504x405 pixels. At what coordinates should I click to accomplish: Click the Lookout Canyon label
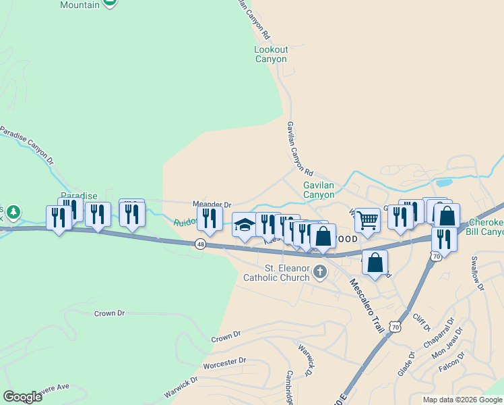coord(271,54)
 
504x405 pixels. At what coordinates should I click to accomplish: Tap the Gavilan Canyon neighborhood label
coord(319,190)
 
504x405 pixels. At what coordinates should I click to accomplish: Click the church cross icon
coord(320,273)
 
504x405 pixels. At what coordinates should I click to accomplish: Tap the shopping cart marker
coord(367,220)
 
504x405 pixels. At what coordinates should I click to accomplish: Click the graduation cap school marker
coord(245,225)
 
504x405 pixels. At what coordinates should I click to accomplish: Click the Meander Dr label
coord(212,204)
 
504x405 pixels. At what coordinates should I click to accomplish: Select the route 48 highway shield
coord(201,244)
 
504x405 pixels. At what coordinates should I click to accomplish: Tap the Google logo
coord(22,396)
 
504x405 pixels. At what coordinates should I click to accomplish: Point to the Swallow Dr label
coord(477,277)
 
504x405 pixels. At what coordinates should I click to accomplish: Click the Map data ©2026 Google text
coord(462,400)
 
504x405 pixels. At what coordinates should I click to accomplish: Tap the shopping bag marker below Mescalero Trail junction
coord(375,262)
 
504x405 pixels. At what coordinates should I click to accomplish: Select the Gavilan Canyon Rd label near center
coord(299,148)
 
